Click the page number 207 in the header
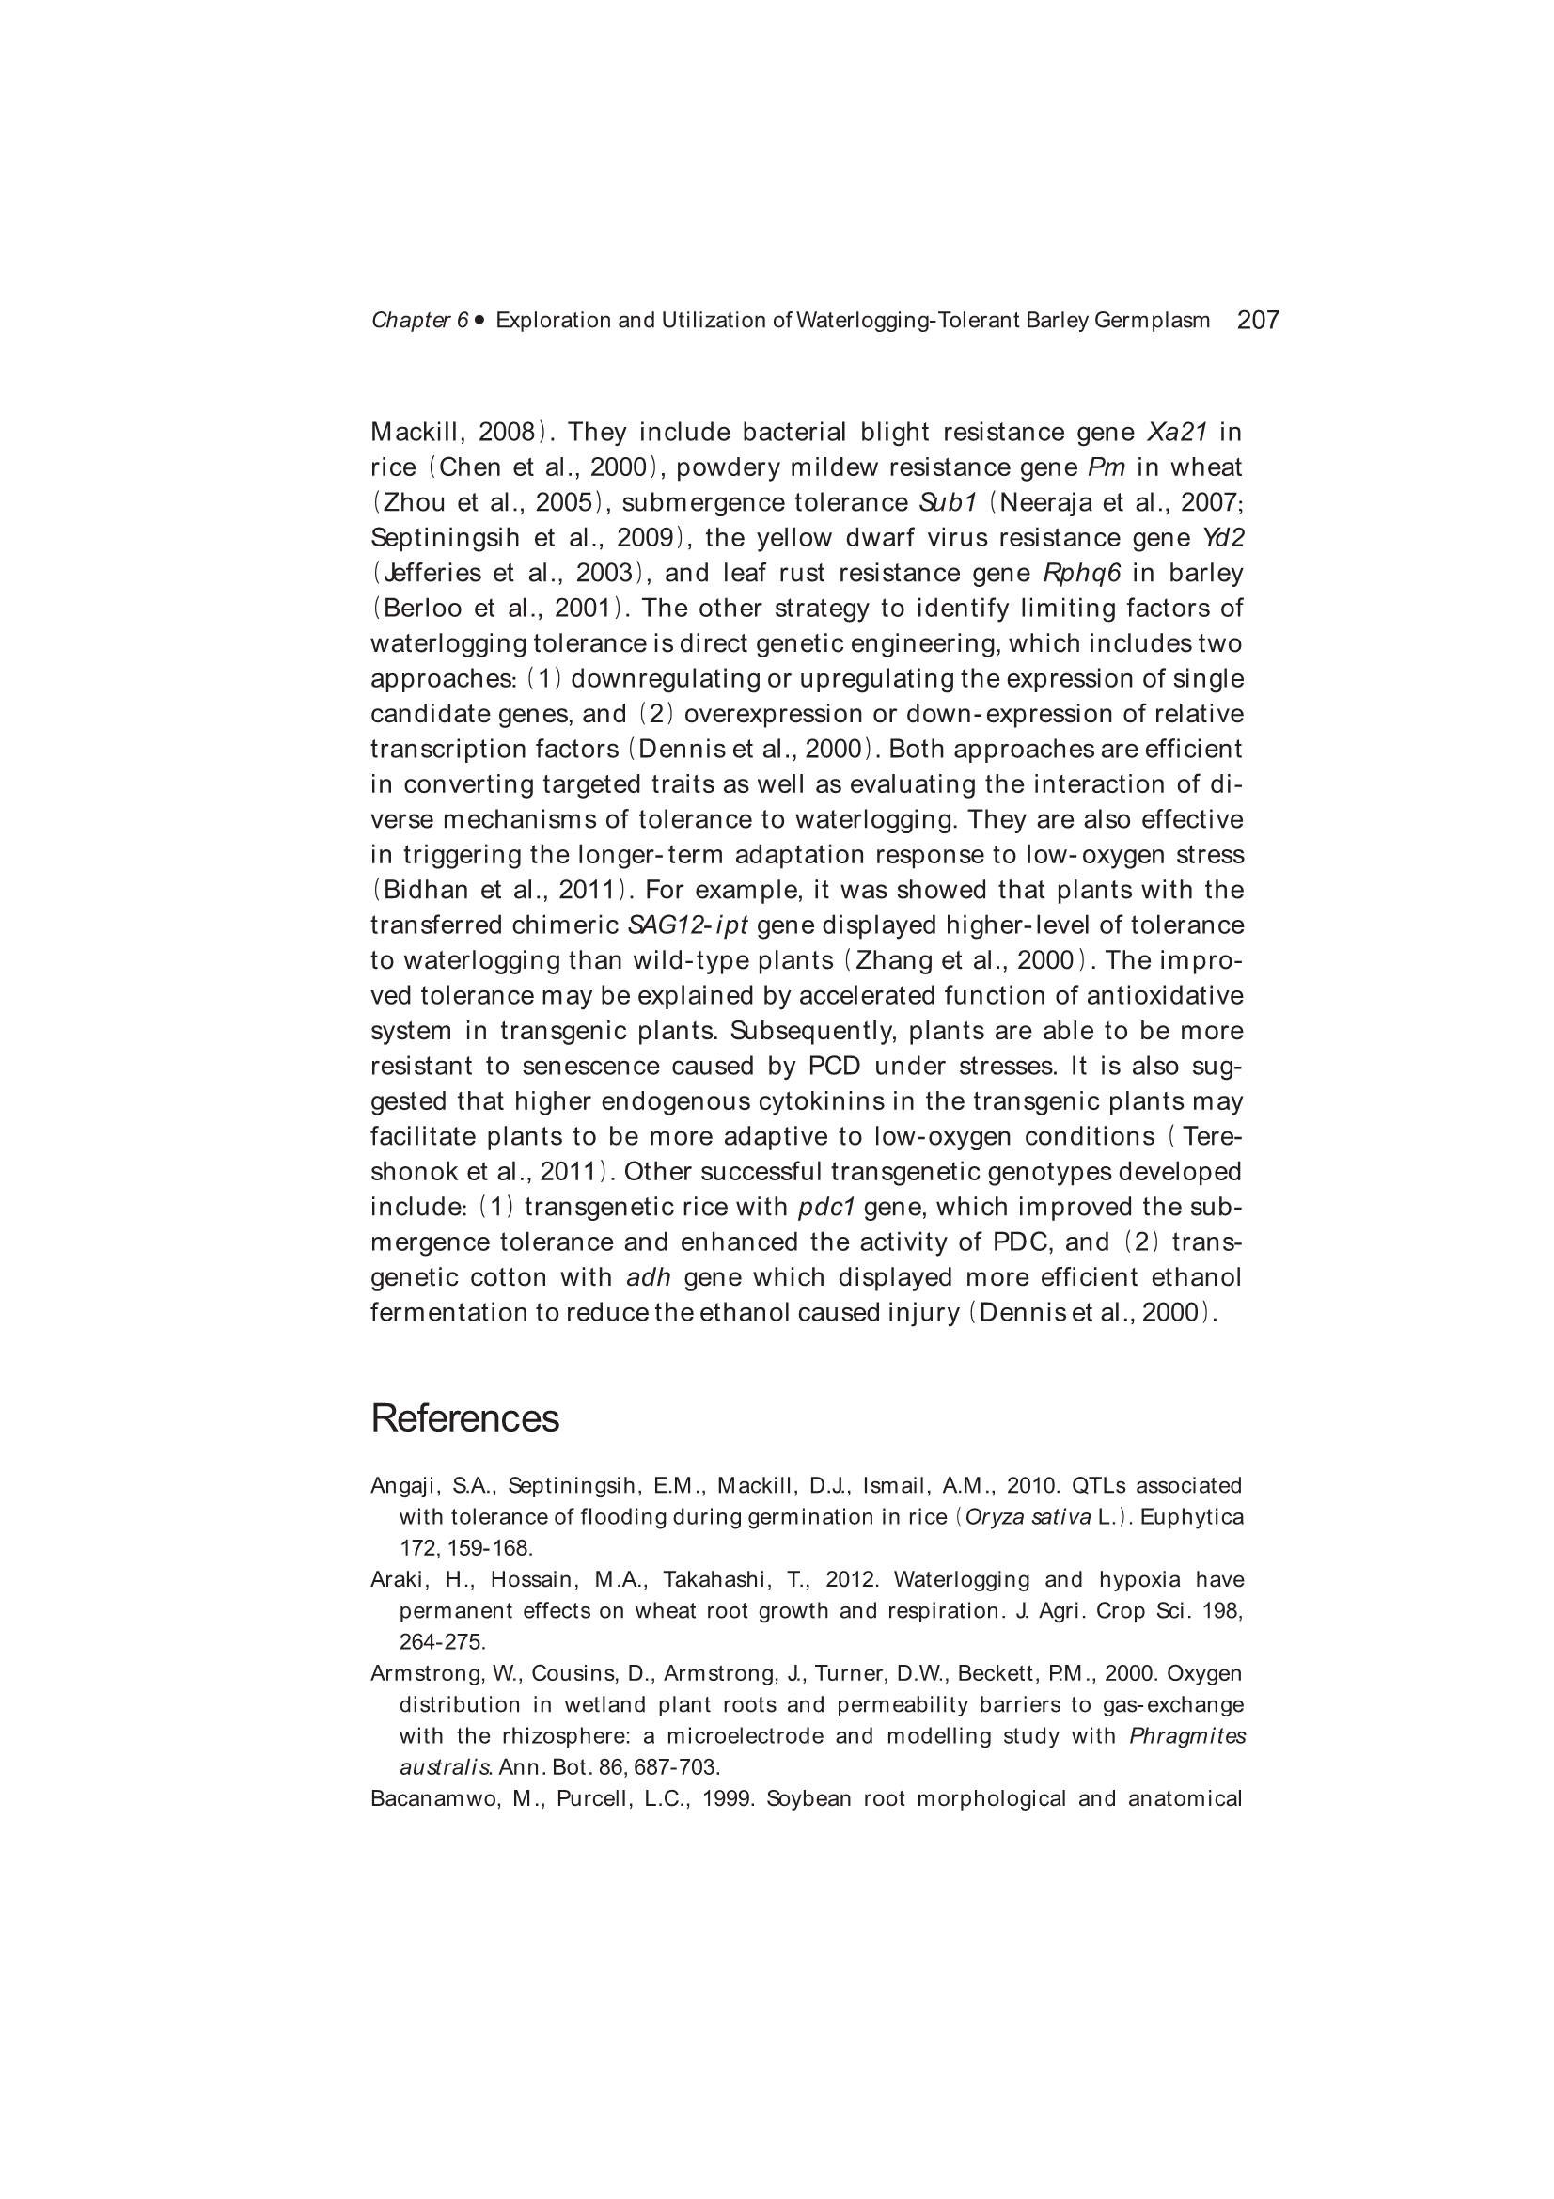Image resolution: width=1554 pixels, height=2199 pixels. click(1257, 320)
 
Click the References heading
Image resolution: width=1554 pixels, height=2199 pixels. click(464, 1418)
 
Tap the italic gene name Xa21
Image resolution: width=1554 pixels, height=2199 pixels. click(1177, 432)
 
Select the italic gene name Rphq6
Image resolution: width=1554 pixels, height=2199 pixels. click(1082, 573)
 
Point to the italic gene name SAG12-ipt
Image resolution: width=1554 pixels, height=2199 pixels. click(686, 925)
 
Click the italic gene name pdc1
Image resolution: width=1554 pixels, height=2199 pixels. click(825, 1207)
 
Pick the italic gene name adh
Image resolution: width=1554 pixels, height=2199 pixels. click(649, 1277)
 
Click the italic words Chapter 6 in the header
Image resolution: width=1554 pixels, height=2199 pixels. click(419, 320)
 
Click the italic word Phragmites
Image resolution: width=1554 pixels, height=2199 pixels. click(1187, 1736)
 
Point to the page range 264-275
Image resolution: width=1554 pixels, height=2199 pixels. click(442, 1641)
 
